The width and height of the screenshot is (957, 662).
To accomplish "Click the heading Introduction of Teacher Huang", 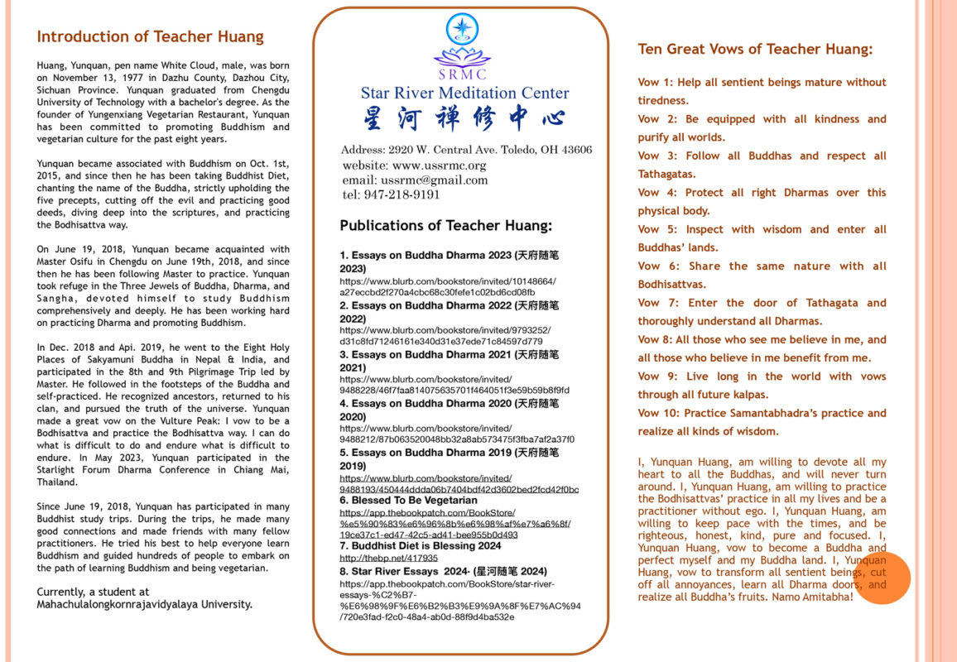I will (x=150, y=36).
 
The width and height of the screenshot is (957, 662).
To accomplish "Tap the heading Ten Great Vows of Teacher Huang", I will (x=754, y=49).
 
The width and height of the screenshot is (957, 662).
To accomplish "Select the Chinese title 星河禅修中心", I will (x=463, y=119).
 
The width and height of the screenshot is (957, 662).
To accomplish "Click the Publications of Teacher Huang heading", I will (x=445, y=225).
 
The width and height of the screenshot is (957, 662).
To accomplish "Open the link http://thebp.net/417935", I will (x=383, y=559).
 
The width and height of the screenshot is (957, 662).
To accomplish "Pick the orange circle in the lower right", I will (x=882, y=577).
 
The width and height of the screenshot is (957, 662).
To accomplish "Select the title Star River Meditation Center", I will (x=464, y=93).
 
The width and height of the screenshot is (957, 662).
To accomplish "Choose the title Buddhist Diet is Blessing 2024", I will (x=426, y=546).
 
